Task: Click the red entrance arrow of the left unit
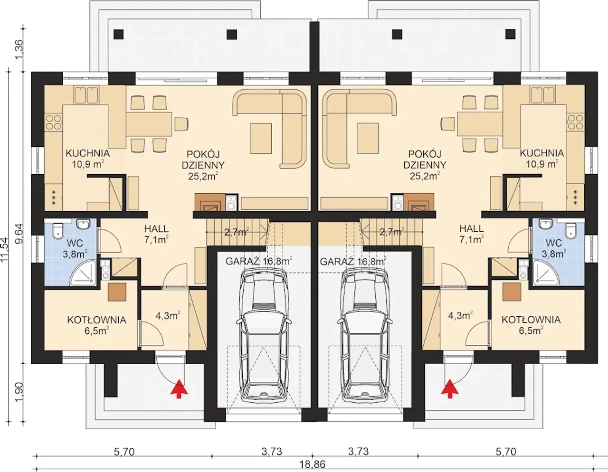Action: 180,388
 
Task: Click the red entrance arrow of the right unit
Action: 450,388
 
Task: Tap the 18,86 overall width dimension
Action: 313,464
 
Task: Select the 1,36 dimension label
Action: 19,49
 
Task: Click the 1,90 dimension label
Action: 19,392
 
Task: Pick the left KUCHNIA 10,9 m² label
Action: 87,159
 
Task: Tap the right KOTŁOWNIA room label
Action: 531,325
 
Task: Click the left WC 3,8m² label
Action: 75,248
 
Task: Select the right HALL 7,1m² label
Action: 472,234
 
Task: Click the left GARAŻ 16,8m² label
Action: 259,262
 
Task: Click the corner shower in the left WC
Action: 83,273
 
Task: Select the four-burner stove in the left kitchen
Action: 54,123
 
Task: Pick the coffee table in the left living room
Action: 261,138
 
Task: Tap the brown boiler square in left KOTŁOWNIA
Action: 117,292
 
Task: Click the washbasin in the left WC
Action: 84,224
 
